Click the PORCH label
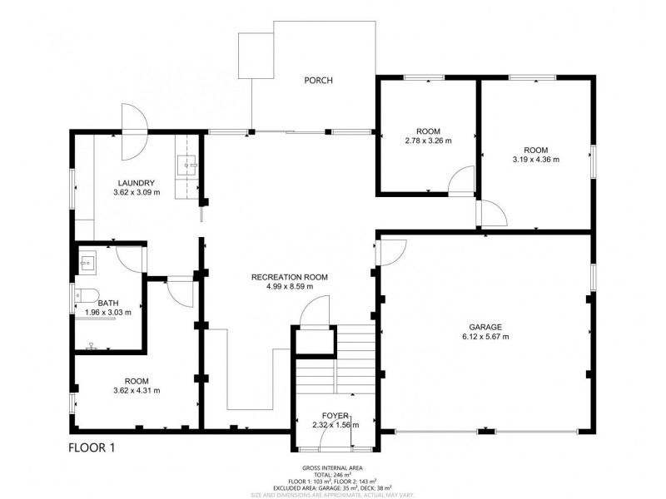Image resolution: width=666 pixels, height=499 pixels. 318,81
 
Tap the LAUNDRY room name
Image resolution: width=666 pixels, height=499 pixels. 135,183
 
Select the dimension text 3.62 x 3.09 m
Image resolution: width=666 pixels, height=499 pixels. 135,193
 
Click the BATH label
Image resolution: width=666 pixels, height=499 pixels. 107,304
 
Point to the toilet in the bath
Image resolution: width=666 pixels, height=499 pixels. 87,295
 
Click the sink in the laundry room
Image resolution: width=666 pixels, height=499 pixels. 187,166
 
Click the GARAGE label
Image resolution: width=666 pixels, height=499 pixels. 485,327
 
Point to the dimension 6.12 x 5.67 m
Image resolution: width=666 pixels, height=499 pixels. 485,337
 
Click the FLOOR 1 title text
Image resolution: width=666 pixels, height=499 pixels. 91,448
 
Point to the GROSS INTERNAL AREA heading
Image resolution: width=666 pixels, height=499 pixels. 338,468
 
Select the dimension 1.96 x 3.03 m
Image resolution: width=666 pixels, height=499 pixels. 107,314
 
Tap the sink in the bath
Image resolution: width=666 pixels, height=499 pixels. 86,264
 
